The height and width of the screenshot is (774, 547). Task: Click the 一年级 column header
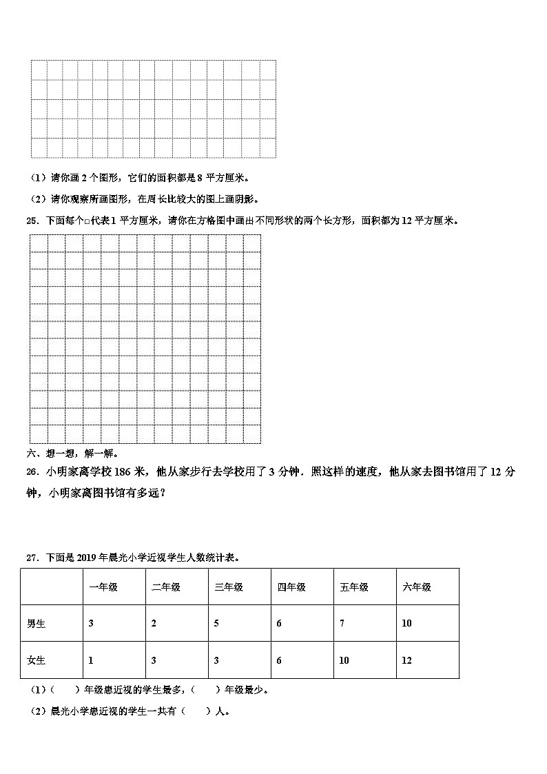(x=103, y=587)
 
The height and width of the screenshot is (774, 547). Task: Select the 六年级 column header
(x=417, y=587)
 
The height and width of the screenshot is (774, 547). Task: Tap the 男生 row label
(x=37, y=624)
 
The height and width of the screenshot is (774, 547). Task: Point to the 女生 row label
(x=37, y=660)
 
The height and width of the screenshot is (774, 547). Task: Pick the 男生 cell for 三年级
(x=216, y=624)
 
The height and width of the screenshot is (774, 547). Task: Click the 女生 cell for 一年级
(x=91, y=660)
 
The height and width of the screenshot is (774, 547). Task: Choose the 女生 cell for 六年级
(x=406, y=660)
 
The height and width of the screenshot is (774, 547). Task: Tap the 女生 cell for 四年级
(x=279, y=660)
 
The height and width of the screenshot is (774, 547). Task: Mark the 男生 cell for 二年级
(x=154, y=624)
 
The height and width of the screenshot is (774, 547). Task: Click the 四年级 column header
(x=291, y=587)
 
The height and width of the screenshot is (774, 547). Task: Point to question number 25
(x=32, y=221)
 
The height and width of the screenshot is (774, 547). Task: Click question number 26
(x=32, y=472)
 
